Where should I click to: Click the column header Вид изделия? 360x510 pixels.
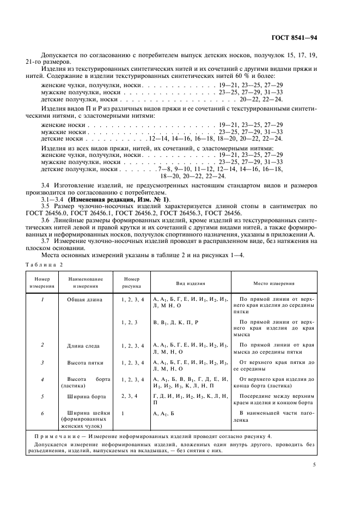(x=190, y=283)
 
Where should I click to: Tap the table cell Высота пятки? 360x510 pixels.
(x=83, y=362)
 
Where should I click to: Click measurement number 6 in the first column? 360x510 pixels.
(x=42, y=413)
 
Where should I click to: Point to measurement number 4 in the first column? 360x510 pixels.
(x=42, y=379)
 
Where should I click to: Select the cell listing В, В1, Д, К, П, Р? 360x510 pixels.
(x=175, y=323)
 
